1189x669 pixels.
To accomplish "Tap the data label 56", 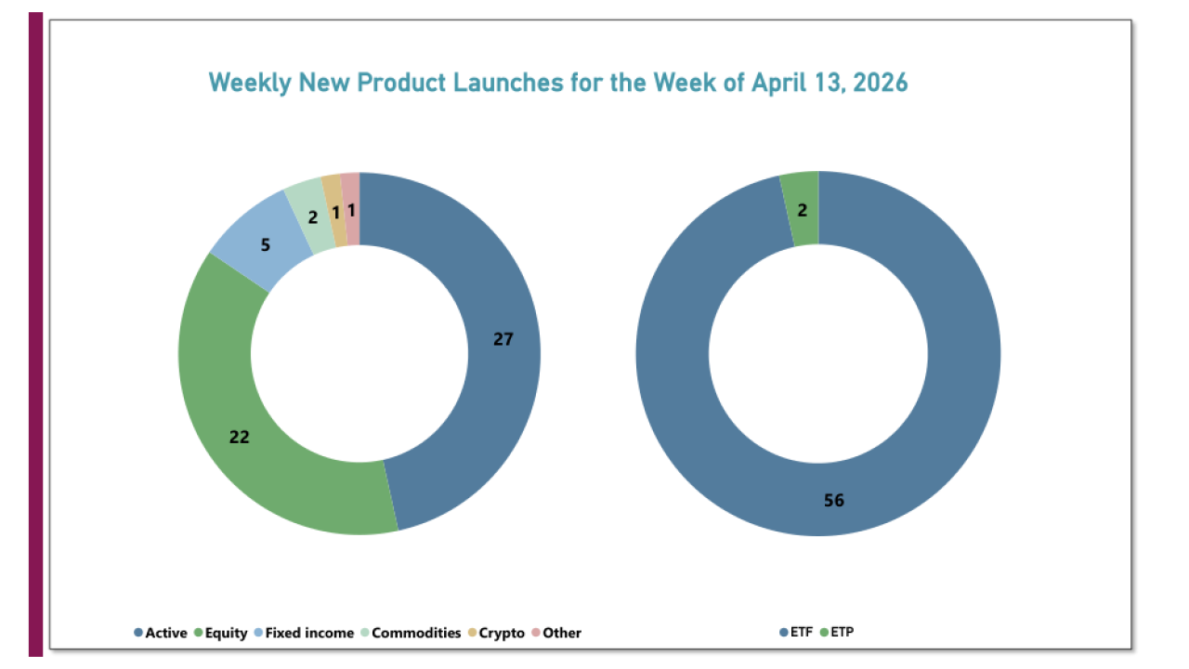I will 833,501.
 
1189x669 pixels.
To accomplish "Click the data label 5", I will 265,245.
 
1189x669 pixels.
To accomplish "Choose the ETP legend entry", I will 841,633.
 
